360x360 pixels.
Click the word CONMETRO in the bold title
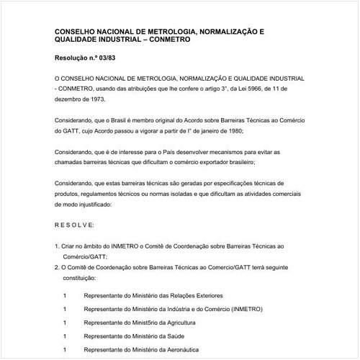(173, 41)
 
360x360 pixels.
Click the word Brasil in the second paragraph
(127, 122)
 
